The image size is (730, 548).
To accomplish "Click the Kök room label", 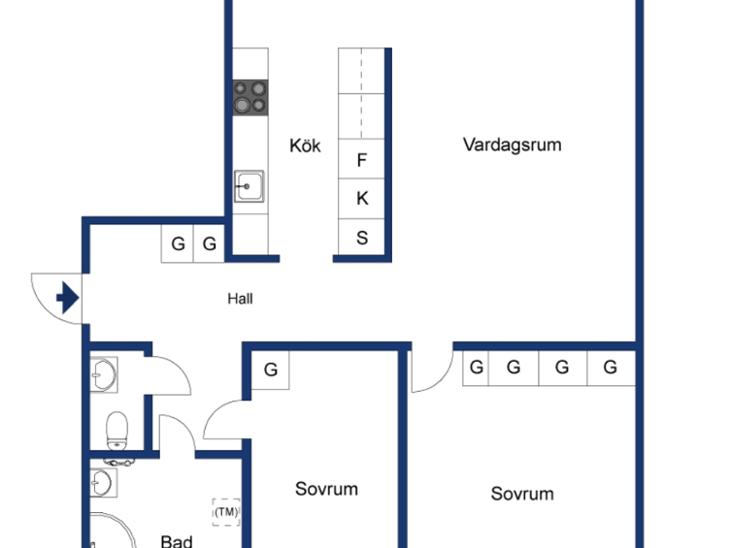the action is (305, 146).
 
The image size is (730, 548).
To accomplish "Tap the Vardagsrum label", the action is (512, 145).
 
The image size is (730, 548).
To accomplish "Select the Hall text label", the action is (240, 298).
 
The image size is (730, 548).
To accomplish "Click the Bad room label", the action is (176, 541).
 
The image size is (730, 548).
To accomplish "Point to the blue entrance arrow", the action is (68, 298).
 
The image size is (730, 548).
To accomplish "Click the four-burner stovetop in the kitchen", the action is (250, 98).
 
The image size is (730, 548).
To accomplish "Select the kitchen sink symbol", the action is (249, 186).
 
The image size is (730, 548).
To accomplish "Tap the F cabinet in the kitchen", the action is (361, 159).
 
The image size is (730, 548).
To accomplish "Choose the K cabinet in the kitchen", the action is (361, 199).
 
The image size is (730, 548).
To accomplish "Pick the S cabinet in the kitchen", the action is (361, 237).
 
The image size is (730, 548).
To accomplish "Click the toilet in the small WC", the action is (117, 430).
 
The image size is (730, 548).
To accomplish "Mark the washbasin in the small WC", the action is (104, 374).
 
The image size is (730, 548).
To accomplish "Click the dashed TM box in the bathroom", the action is (226, 512).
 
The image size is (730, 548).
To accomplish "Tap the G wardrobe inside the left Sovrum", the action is (270, 370).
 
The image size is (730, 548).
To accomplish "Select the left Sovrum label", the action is (326, 489).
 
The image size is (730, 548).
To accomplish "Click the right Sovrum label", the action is (522, 494).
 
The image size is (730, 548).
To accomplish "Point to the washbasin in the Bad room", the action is (103, 483).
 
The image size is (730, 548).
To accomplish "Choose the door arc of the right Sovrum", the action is (442, 379).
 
